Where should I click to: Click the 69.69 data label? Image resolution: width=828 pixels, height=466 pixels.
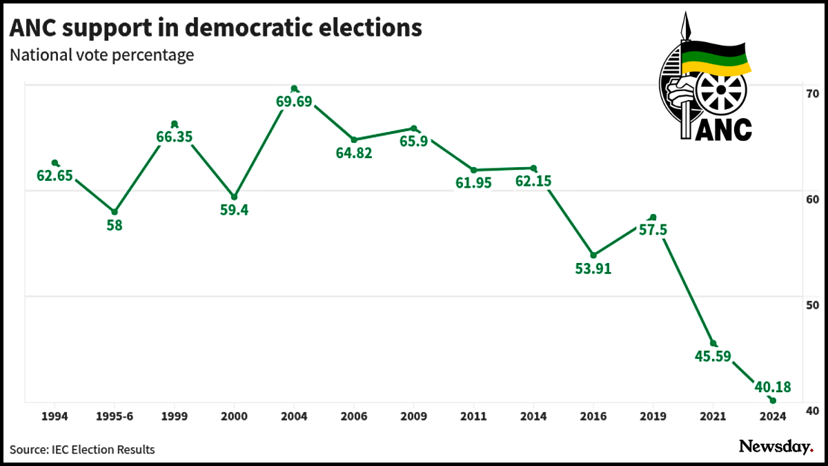(294, 102)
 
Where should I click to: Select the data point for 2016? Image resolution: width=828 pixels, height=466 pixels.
(593, 255)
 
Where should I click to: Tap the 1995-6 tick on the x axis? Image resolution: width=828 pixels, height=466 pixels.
(115, 416)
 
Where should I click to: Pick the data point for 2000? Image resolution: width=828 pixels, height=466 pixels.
(234, 197)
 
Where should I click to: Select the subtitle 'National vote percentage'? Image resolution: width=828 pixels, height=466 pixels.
(101, 55)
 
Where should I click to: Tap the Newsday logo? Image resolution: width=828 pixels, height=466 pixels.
(776, 447)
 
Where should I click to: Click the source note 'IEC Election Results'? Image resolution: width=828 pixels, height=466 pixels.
(103, 449)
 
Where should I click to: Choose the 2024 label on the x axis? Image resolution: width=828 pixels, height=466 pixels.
(773, 416)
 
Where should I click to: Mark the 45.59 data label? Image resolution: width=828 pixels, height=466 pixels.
(713, 357)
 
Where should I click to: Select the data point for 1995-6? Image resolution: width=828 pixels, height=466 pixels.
(115, 212)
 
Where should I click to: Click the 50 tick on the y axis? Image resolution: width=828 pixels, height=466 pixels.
(811, 305)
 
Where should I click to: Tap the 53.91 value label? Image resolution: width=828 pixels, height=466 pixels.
(593, 269)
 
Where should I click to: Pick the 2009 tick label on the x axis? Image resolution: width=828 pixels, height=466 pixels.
(413, 416)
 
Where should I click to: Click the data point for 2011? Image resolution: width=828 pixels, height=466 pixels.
(473, 170)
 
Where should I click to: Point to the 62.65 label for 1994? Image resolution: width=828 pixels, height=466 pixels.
(55, 176)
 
